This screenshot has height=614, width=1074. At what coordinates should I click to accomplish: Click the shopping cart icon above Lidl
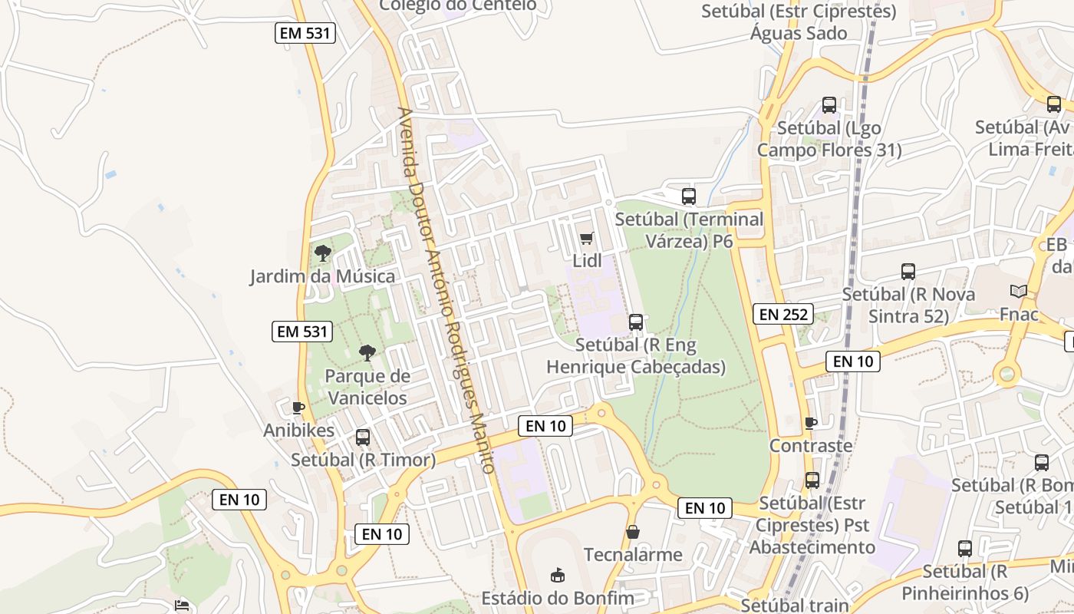pos(587,239)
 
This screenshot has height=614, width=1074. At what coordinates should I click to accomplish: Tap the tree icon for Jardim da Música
pos(323,253)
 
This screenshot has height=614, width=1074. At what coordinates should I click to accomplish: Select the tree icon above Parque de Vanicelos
pos(367,353)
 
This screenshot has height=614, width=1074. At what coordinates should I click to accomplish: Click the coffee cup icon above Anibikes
pos(298,408)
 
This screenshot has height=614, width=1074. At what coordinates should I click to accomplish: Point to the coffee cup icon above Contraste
pos(811,423)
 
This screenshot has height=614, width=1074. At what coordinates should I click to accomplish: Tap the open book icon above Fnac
pos(1019,292)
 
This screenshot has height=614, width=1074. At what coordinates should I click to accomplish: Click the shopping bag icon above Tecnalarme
pos(633,531)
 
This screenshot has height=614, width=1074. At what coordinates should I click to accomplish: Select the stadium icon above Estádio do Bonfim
pos(558,575)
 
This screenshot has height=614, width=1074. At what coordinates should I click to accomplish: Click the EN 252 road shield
pos(782,313)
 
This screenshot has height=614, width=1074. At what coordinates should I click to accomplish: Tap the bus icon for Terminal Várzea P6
pos(689,196)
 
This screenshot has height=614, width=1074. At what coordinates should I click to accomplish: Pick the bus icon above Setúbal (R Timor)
pos(363,437)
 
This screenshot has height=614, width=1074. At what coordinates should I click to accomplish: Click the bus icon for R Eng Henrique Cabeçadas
pos(636,322)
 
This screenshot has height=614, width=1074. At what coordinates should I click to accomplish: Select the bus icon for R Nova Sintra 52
pos(908,272)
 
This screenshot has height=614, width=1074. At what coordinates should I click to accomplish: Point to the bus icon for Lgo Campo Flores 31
pos(829,105)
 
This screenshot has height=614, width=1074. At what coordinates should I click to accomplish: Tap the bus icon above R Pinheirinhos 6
pos(965,549)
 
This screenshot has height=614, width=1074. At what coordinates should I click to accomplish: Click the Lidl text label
pos(588,261)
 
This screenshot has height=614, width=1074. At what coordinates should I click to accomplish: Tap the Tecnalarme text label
pos(633,554)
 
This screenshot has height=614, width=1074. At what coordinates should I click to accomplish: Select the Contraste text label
pos(811,446)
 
